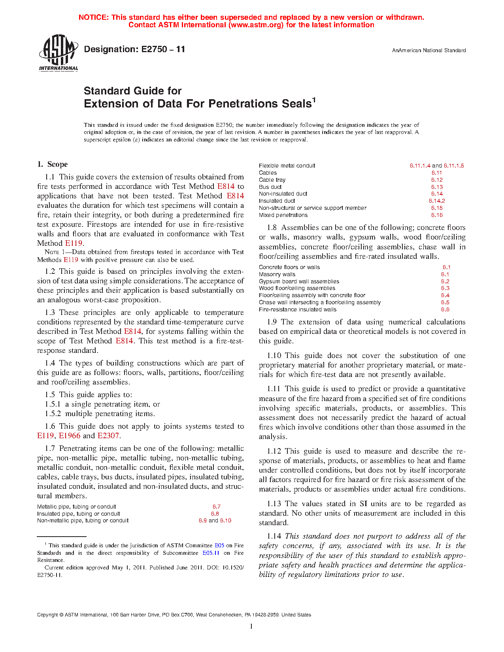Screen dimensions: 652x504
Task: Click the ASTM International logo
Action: pyautogui.click(x=58, y=52)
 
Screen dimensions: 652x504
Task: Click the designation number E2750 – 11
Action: pyautogui.click(x=134, y=49)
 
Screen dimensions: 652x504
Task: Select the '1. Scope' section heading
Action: pyautogui.click(x=52, y=164)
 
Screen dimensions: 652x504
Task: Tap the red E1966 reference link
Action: pyautogui.click(x=70, y=436)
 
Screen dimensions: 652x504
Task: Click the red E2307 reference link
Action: pyautogui.click(x=108, y=436)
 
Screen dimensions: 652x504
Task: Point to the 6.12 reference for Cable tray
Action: pyautogui.click(x=437, y=180)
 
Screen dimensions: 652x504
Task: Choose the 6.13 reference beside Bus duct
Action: pyautogui.click(x=437, y=187)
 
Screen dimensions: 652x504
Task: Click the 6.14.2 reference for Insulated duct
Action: pyautogui.click(x=437, y=201)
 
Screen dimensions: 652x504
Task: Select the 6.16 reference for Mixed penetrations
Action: pyautogui.click(x=437, y=215)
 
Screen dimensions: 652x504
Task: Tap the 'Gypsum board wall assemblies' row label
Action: pyautogui.click(x=299, y=281)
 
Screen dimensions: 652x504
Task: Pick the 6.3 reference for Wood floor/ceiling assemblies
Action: pyautogui.click(x=445, y=288)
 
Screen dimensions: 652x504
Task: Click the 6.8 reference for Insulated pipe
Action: pyautogui.click(x=215, y=514)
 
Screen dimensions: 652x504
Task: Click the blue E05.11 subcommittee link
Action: pyautogui.click(x=211, y=553)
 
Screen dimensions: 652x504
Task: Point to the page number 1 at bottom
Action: pyautogui.click(x=251, y=626)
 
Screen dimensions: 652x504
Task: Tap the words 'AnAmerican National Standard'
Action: pyautogui.click(x=429, y=51)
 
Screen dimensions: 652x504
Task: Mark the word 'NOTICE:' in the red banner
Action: pyautogui.click(x=94, y=17)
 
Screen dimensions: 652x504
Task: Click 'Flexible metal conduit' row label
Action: pyautogui.click(x=287, y=166)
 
